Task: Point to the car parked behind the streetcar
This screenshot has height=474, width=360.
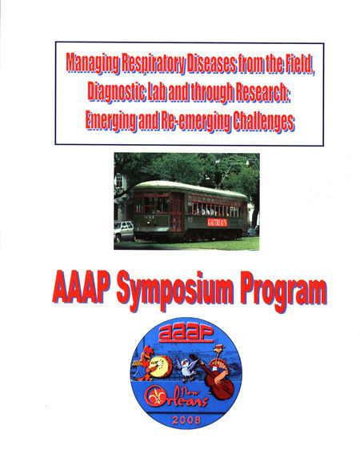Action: coord(124,231)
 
